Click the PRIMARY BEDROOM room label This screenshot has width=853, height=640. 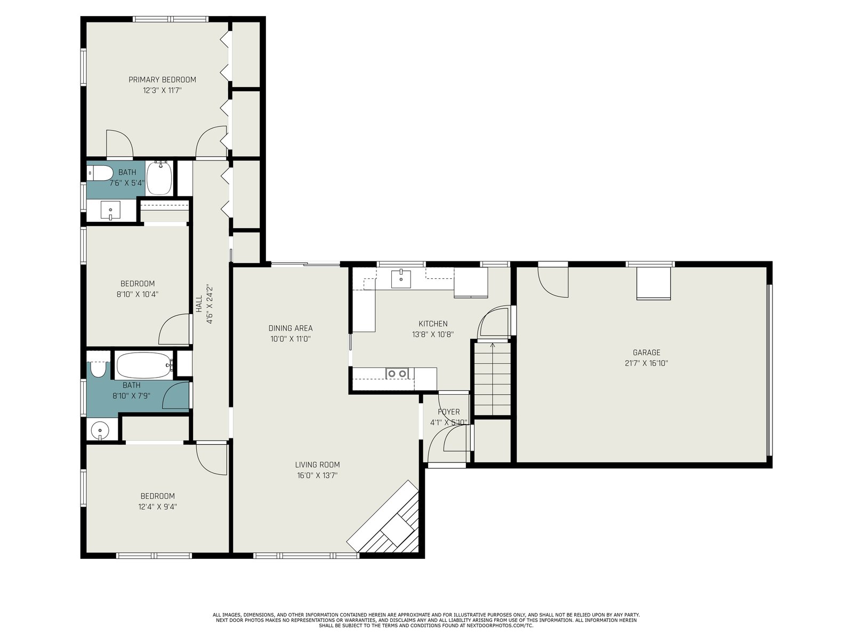pyautogui.click(x=162, y=79)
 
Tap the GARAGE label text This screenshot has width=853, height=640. pyautogui.click(x=646, y=353)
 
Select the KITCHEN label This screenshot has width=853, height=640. pyautogui.click(x=433, y=323)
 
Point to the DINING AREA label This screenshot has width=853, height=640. pyautogui.click(x=291, y=328)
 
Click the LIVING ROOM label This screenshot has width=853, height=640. pyautogui.click(x=317, y=465)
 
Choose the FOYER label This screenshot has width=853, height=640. pyautogui.click(x=448, y=412)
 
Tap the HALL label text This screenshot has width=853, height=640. pyautogui.click(x=199, y=304)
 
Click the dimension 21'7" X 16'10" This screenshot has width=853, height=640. pyautogui.click(x=646, y=363)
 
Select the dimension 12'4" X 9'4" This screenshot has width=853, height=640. pyautogui.click(x=157, y=507)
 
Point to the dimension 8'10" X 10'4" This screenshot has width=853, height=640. pyautogui.click(x=137, y=294)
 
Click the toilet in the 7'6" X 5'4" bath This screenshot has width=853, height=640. pyautogui.click(x=100, y=173)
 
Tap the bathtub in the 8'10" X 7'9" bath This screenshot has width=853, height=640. pyautogui.click(x=144, y=365)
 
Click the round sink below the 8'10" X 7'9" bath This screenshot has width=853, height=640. pyautogui.click(x=100, y=430)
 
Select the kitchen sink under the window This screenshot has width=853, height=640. pyautogui.click(x=401, y=278)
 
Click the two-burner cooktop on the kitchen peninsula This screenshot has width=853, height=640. pyautogui.click(x=397, y=373)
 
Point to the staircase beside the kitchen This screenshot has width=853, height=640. pyautogui.click(x=493, y=379)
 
